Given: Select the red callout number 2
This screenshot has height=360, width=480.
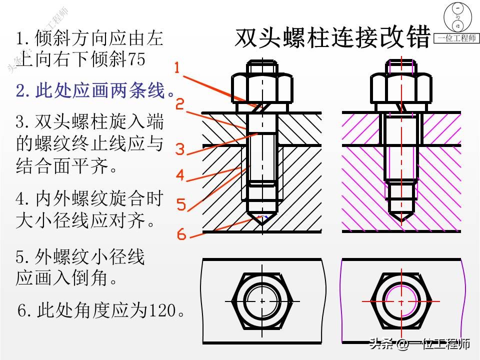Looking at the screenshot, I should (180, 104).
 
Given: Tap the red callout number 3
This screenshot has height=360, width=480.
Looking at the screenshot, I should (180, 149).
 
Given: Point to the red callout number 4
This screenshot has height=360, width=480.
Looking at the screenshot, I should (180, 175).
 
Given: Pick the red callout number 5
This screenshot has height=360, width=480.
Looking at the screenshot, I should (181, 204).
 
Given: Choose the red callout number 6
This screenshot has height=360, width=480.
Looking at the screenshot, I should (181, 234).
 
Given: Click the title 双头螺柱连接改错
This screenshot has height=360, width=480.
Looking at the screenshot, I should (332, 37).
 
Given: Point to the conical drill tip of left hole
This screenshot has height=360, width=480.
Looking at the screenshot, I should (261, 218).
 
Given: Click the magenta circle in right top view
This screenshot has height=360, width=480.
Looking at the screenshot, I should (400, 301).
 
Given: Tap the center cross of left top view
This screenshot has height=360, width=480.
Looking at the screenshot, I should (261, 301).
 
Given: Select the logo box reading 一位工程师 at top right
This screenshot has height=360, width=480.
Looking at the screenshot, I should (456, 38).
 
